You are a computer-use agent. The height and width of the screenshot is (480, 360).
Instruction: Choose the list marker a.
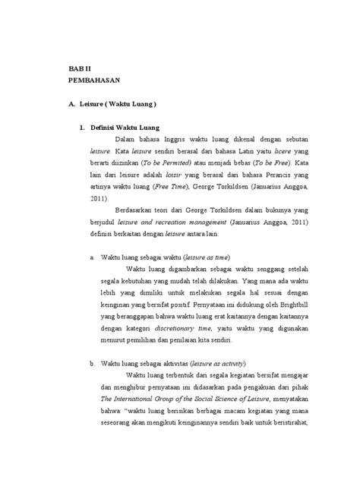[92, 257]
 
